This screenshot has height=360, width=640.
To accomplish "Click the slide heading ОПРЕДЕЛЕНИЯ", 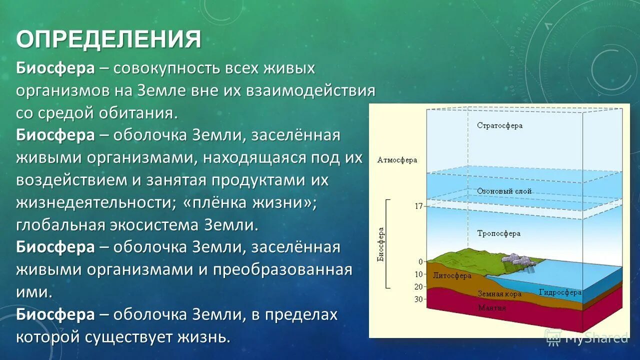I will click(x=108, y=39).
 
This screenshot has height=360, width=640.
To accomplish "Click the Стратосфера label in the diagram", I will click(x=499, y=125).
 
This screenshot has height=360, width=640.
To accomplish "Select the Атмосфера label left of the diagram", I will click(x=397, y=160).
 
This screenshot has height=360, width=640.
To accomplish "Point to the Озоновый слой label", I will click(x=504, y=191).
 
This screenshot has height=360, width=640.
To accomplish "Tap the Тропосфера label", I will click(x=498, y=233).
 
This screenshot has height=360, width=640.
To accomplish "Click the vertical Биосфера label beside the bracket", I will click(x=380, y=245).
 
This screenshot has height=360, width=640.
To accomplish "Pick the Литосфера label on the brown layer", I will click(x=452, y=275).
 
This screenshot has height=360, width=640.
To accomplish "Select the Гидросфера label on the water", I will click(x=560, y=292).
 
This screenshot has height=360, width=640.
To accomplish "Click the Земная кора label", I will click(x=499, y=294).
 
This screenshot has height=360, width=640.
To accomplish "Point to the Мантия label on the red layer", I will click(x=491, y=308).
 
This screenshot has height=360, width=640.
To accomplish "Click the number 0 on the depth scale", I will click(x=420, y=261).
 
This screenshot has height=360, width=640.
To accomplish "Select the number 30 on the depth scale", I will click(x=418, y=299).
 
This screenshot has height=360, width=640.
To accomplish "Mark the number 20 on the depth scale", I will click(x=418, y=287).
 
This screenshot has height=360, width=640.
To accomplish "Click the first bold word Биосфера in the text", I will click(x=55, y=68).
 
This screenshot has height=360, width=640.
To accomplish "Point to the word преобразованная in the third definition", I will click(x=282, y=270).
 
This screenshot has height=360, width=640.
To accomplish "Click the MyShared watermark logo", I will click(x=587, y=337).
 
